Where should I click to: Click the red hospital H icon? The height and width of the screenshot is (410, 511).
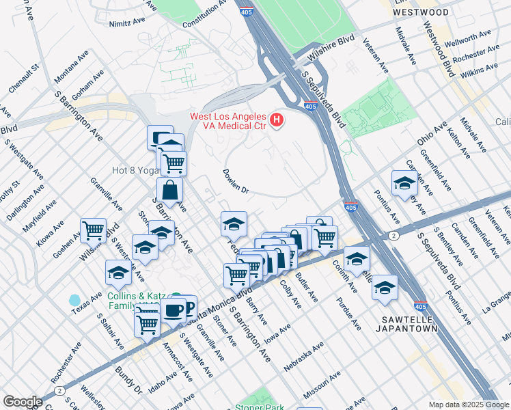pos(277,122)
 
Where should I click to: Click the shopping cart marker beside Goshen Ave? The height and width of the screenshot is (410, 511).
pos(93,230)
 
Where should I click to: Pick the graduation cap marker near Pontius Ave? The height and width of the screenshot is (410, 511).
pos(404,182)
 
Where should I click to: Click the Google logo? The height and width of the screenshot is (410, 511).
pos(23,402)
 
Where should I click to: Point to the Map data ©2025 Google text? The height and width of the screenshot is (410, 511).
pos(468,405)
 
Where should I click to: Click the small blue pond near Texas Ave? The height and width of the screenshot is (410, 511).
pos(74,300)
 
